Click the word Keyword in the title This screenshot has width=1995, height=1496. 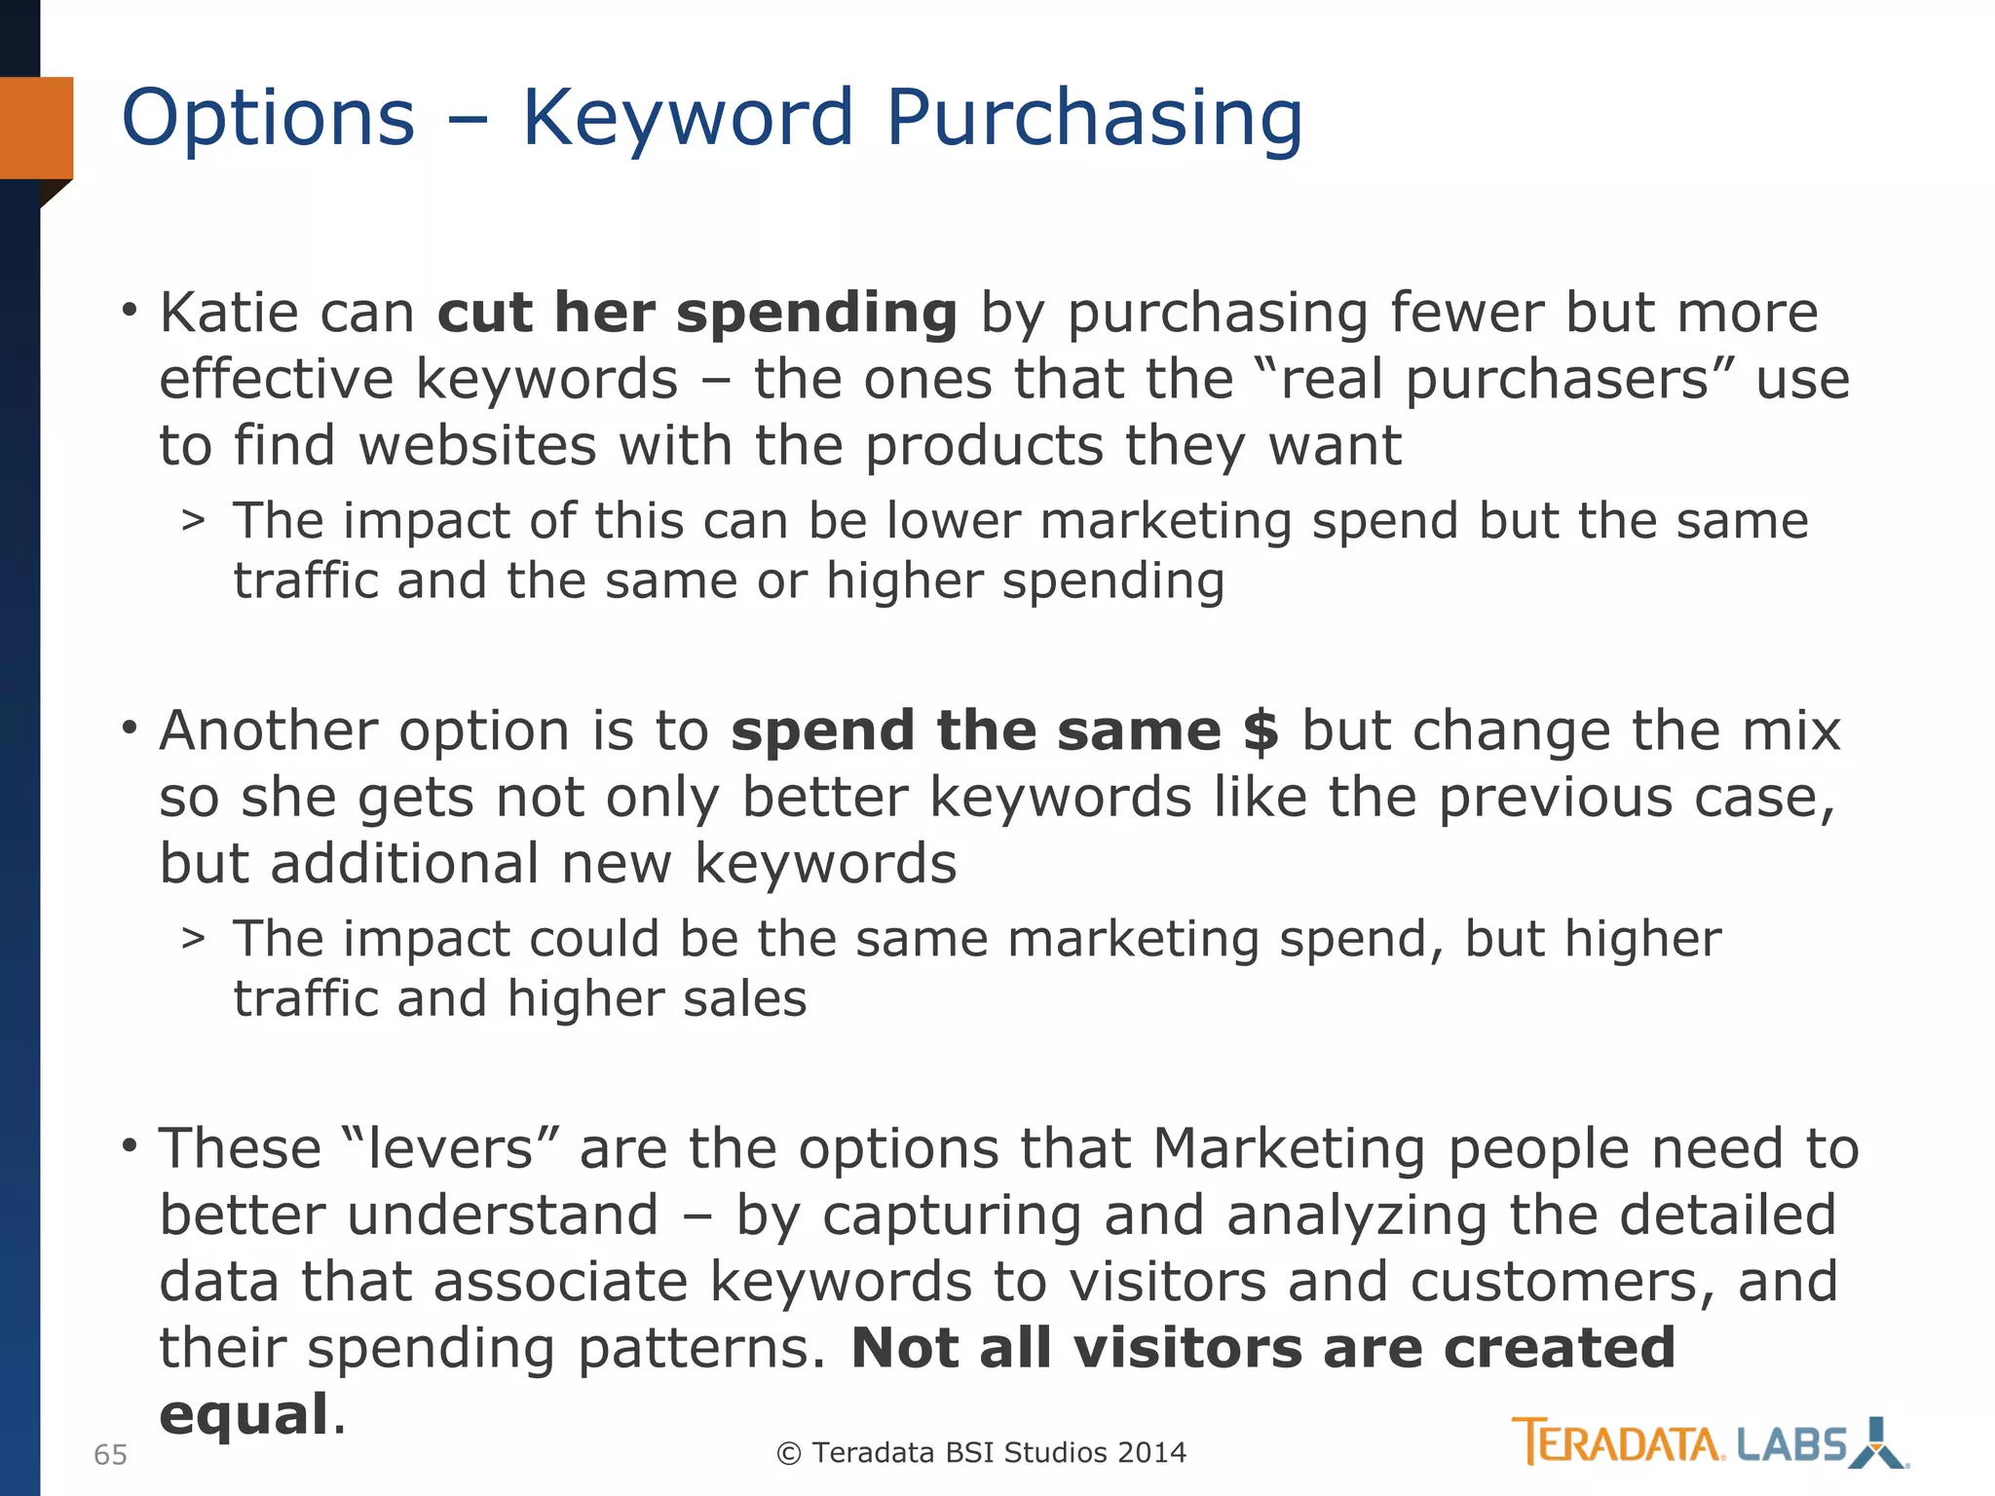tap(688, 118)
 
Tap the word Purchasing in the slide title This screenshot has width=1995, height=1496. tap(1094, 118)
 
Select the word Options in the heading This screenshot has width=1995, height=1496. tap(268, 118)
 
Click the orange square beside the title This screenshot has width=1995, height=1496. tap(37, 128)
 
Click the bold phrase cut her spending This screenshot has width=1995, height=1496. tap(697, 313)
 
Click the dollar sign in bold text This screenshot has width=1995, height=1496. tap(1261, 730)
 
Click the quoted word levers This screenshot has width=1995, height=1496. tap(450, 1148)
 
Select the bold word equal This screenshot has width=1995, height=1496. tap(244, 1414)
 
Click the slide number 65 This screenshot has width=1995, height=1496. tap(110, 1455)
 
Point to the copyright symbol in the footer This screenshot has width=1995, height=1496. tap(788, 1453)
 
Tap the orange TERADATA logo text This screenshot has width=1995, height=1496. tap(1617, 1443)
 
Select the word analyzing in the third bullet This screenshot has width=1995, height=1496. tap(1357, 1215)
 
